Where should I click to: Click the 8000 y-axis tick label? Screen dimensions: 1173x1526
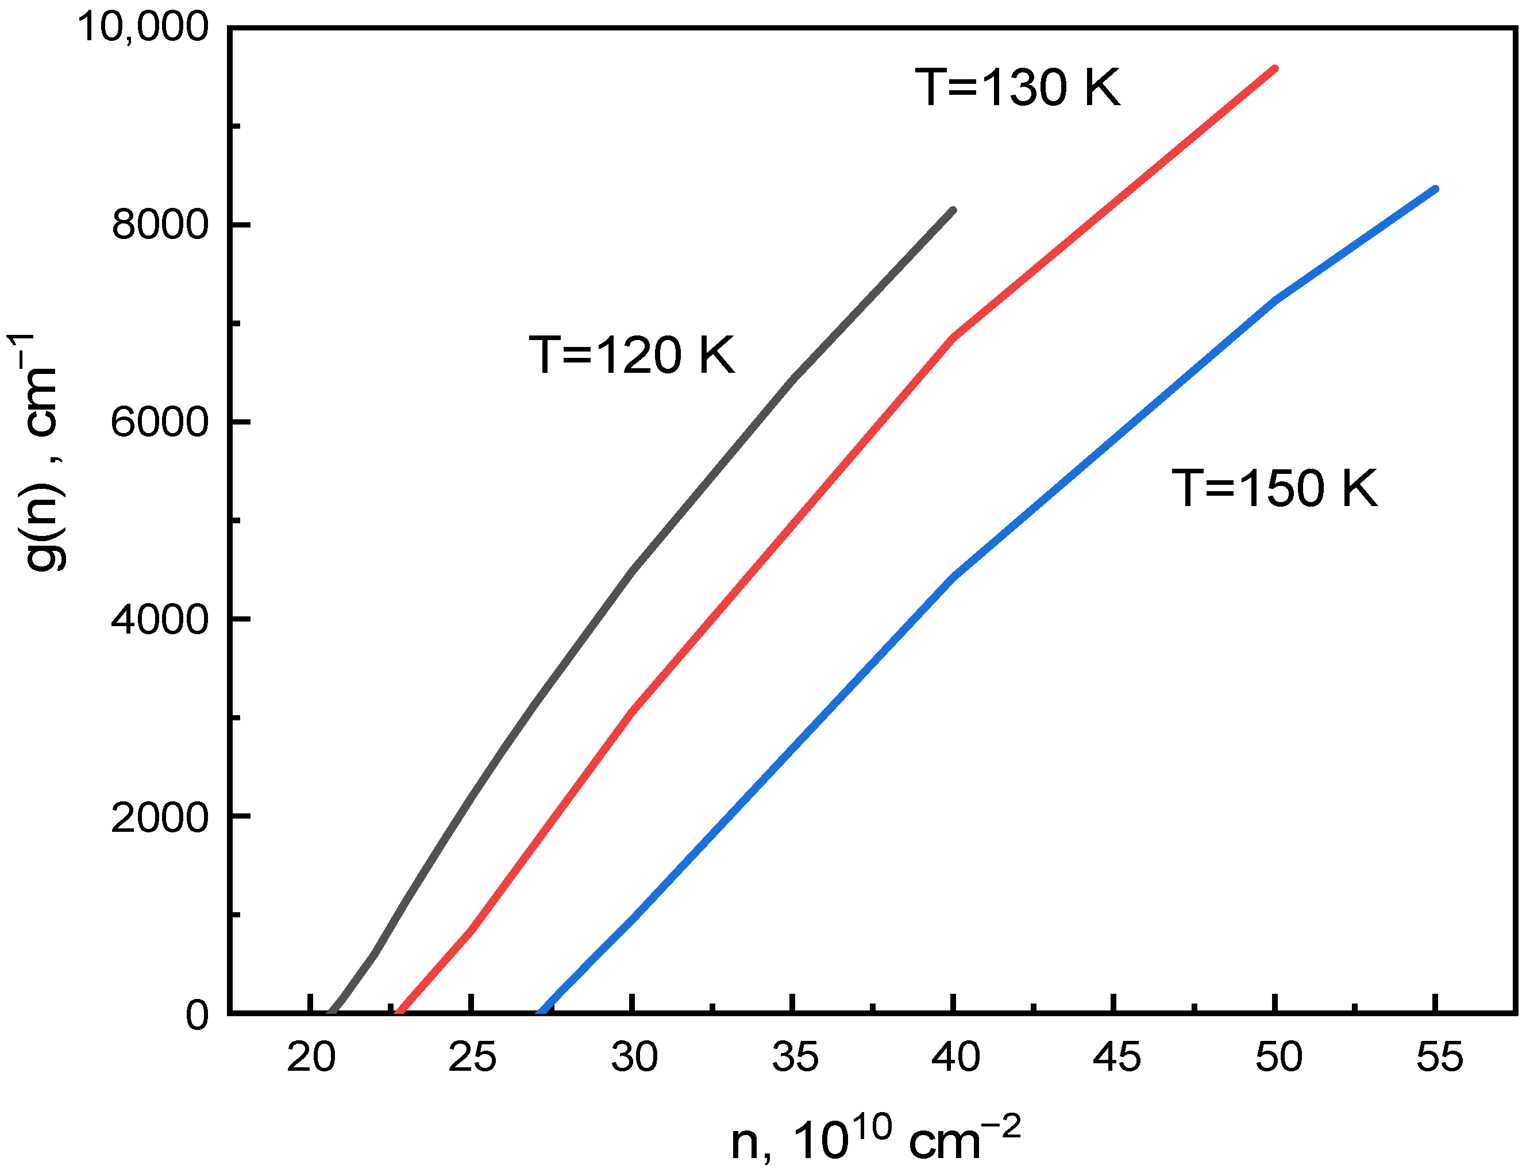160,224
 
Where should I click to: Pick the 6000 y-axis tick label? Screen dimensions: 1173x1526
160,422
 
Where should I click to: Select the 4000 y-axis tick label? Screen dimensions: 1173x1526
160,619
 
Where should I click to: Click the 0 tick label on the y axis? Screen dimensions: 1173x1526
197,1014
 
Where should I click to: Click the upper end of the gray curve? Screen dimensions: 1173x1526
953,210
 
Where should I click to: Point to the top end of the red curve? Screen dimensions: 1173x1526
1274,68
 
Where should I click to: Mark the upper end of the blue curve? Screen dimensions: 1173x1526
1435,188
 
